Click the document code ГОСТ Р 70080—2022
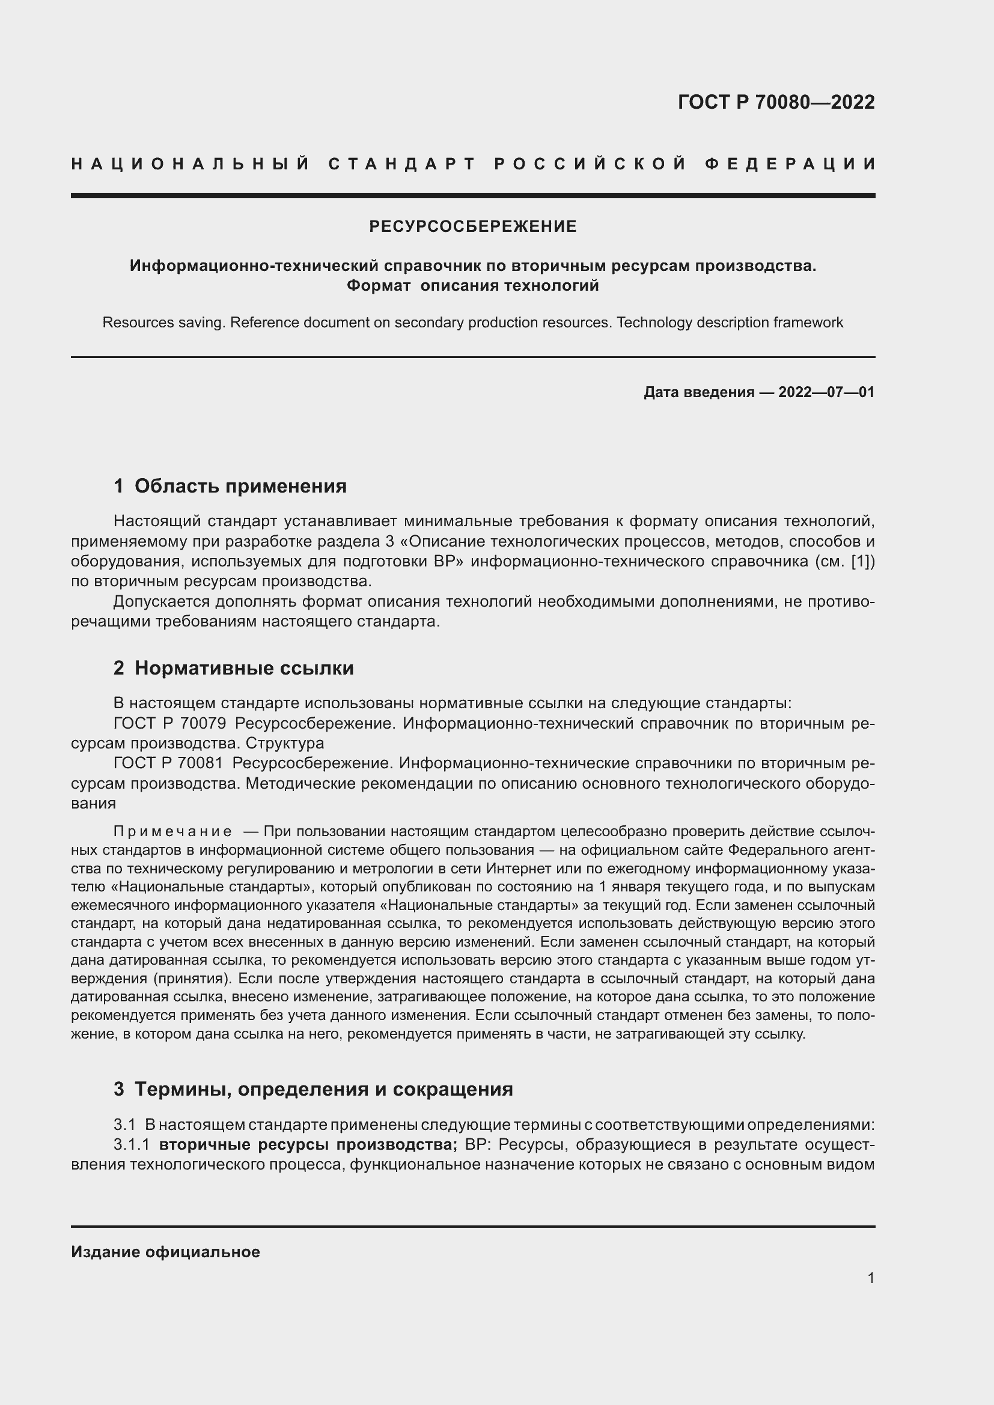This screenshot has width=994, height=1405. tap(775, 102)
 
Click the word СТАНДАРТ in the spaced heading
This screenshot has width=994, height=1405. tap(402, 164)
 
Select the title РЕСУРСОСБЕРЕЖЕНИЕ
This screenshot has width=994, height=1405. tap(472, 227)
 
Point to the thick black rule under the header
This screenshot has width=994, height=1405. tap(472, 196)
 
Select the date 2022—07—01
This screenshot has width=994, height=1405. tap(826, 392)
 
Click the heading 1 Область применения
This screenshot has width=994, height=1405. tap(230, 486)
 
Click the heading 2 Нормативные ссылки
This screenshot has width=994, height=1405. tap(234, 667)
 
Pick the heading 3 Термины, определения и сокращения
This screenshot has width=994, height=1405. tap(313, 1089)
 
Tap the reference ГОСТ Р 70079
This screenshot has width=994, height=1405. tap(169, 723)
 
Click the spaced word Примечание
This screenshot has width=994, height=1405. tap(172, 831)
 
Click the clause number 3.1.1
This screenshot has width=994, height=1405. tap(132, 1144)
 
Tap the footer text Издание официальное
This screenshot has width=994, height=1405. tap(165, 1252)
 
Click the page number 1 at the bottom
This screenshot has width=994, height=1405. tap(870, 1278)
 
